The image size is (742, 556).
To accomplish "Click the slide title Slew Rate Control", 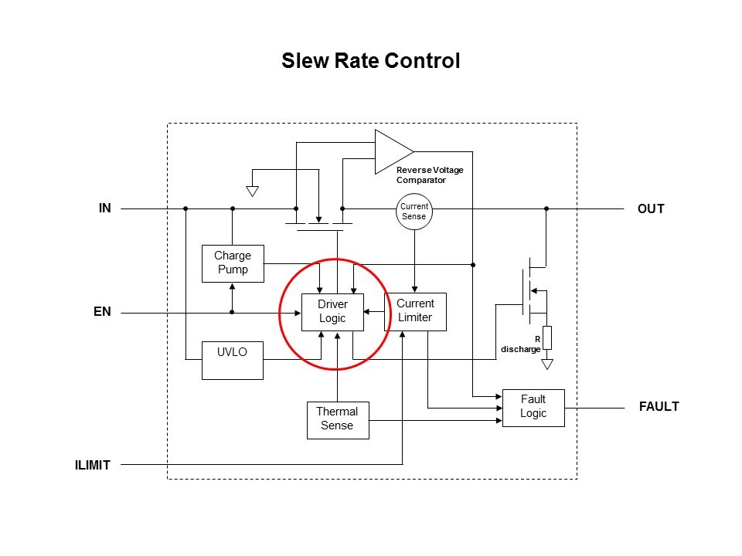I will (x=371, y=60).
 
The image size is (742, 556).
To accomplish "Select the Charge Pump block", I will (x=232, y=263).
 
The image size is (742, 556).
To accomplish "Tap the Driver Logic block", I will (x=332, y=311).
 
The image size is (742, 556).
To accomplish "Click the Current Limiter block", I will (x=415, y=311).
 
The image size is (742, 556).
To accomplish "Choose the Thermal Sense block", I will (x=337, y=419).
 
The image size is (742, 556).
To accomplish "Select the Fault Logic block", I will (x=533, y=407).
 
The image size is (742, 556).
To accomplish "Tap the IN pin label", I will (x=105, y=208).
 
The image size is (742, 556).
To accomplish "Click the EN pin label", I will (x=103, y=313).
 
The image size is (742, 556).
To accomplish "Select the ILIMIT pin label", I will (x=94, y=465).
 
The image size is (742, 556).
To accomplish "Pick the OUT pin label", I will (x=651, y=209).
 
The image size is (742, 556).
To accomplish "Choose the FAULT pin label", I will (x=659, y=407).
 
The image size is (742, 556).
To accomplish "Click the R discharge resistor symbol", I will (x=547, y=337).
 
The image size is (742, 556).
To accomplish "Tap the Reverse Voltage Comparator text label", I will (x=430, y=174).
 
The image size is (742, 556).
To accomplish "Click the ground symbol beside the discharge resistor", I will (x=547, y=363).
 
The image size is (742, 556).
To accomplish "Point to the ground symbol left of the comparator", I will (x=251, y=189).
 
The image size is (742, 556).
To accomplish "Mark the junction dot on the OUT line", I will (x=546, y=208).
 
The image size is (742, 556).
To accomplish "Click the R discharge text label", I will (x=521, y=344).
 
